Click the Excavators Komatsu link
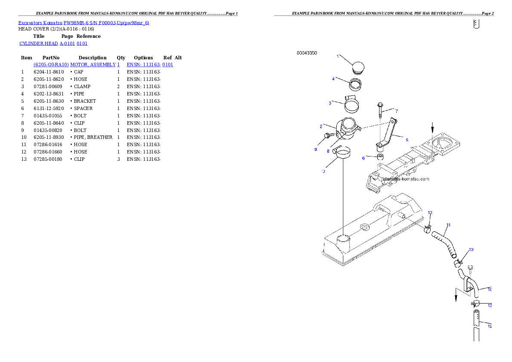click(x=40, y=23)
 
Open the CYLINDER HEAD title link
click(x=39, y=43)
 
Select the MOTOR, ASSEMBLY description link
click(x=93, y=64)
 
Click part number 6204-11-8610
click(x=49, y=72)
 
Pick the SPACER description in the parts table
click(x=83, y=108)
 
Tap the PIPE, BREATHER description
click(x=93, y=138)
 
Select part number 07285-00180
click(x=48, y=160)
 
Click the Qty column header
click(x=121, y=58)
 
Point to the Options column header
click(x=143, y=58)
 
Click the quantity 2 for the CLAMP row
click(x=118, y=86)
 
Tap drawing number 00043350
click(x=307, y=53)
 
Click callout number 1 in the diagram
click(x=338, y=56)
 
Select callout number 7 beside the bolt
click(x=397, y=111)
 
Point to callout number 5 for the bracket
click(x=407, y=140)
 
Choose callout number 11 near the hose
click(x=448, y=225)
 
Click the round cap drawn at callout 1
click(x=358, y=68)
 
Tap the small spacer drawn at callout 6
click(x=380, y=156)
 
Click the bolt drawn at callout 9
click(x=329, y=135)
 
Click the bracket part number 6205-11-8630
click(x=49, y=101)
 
